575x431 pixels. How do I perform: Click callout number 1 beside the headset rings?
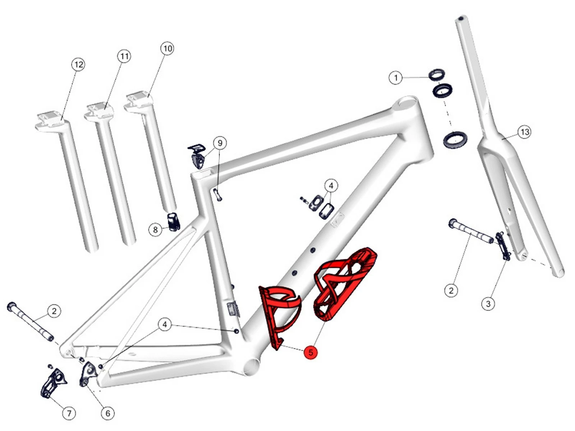tap(396, 78)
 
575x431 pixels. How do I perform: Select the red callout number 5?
tap(310, 352)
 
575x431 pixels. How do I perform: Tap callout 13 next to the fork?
tap(525, 132)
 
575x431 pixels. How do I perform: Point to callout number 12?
tap(78, 65)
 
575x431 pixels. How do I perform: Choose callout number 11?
tap(124, 56)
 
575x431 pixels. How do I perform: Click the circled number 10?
tap(168, 48)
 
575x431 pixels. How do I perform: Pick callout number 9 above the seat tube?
tap(220, 143)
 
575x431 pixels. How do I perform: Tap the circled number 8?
tap(155, 229)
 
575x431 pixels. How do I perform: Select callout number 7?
tap(69, 413)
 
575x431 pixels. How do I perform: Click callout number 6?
tap(108, 413)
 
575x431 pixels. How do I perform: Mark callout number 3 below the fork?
tap(488, 304)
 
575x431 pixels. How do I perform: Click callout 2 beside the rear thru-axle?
tap(54, 311)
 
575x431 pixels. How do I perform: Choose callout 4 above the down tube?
tap(331, 186)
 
